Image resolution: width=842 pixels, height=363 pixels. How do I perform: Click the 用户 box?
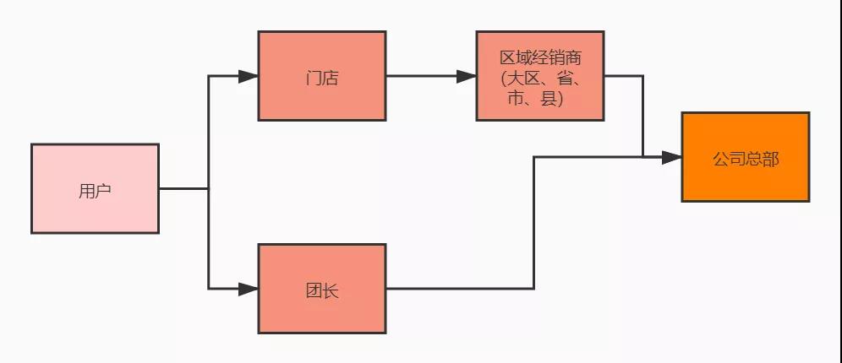[x=95, y=188]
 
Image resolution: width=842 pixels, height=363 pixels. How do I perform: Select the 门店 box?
[x=322, y=76]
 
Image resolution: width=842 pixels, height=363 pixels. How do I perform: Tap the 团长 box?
[x=322, y=289]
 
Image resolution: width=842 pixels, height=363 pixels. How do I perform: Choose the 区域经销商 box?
[x=540, y=76]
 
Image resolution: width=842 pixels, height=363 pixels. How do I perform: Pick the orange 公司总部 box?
[x=745, y=157]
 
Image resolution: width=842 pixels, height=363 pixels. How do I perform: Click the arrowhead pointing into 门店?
[x=249, y=76]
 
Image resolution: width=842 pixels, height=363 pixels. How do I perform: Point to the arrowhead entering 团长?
[x=249, y=289]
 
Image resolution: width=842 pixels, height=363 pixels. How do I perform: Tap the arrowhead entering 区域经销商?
[x=467, y=76]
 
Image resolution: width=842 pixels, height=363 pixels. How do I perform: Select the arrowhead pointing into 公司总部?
[x=672, y=157]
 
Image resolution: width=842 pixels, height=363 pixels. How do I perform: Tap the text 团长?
[x=322, y=291]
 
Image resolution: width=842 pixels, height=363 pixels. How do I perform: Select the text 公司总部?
[x=745, y=159]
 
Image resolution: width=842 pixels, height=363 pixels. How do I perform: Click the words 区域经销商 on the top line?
[x=540, y=58]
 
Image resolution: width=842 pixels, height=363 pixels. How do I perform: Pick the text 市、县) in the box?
[x=540, y=99]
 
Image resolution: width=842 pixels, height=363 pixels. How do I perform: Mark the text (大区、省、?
[x=540, y=79]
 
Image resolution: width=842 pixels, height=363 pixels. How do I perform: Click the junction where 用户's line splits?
[x=209, y=188]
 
